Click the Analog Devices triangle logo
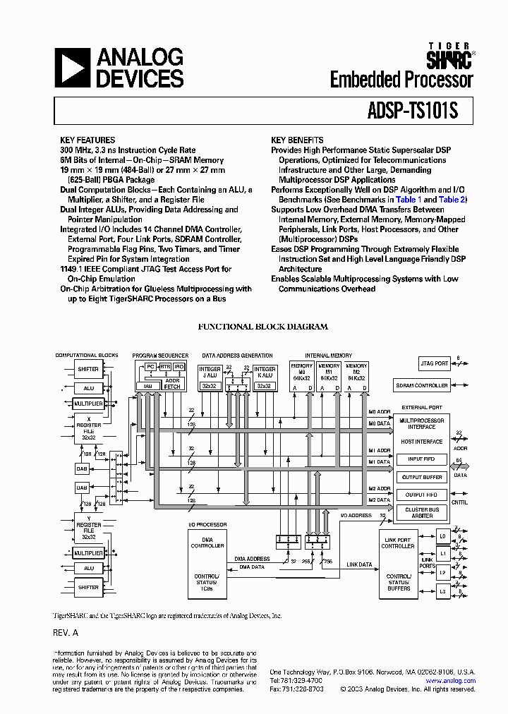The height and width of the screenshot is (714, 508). coord(72,68)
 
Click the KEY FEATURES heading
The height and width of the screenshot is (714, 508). coord(87,140)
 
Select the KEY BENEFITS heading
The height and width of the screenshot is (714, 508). coord(297,140)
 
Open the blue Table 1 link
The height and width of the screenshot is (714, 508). coord(406,200)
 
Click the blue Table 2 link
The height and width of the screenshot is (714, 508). coord(452,200)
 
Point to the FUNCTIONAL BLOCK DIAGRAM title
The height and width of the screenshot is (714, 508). coord(262,327)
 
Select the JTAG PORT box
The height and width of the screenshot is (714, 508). coord(434,363)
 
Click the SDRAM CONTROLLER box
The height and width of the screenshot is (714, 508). coord(422,385)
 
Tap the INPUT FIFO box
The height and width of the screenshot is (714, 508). coord(422,459)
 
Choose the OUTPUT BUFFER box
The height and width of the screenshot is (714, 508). coord(422,478)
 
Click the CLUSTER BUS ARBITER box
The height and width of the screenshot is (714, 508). coord(422,513)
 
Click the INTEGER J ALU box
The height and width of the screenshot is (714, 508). coord(210,376)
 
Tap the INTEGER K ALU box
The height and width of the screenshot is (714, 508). coord(265,376)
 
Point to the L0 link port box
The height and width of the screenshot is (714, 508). coord(442,537)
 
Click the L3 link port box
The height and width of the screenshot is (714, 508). coord(442,591)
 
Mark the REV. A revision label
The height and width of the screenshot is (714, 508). coord(66,633)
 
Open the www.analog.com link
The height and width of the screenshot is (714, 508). coord(450,681)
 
